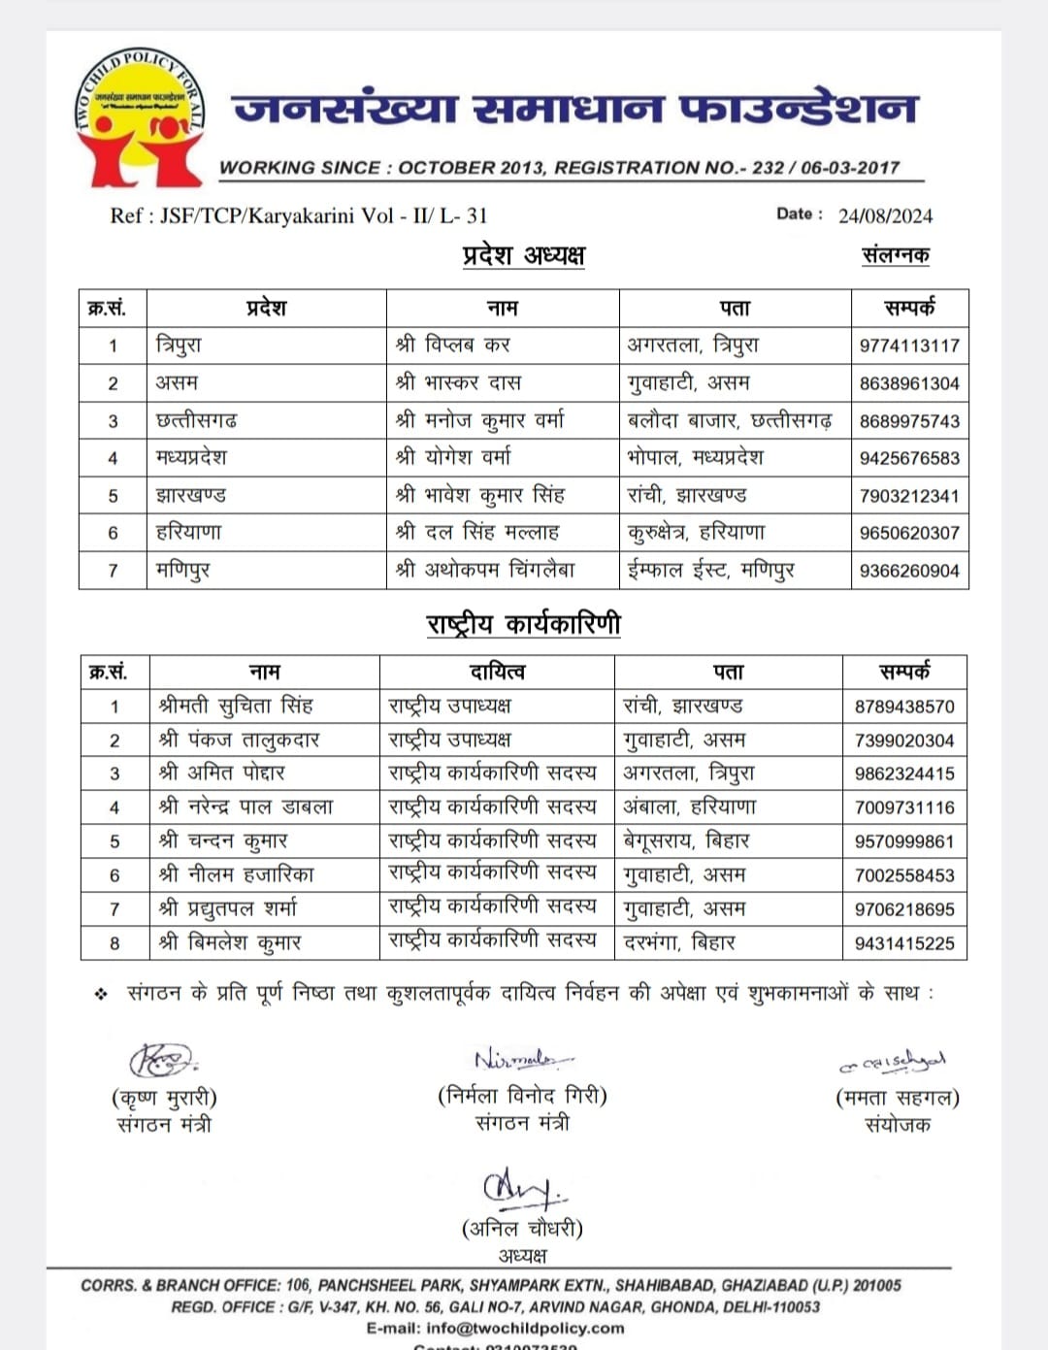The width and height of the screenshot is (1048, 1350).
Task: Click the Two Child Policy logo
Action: (x=137, y=118)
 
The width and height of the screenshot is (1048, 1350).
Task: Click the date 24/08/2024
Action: (x=885, y=215)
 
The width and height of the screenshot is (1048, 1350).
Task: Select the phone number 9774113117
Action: (x=909, y=346)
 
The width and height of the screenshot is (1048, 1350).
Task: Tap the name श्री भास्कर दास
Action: (x=458, y=382)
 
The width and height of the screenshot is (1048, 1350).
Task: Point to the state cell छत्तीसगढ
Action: (x=196, y=420)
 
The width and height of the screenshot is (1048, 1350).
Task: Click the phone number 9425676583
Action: (x=909, y=458)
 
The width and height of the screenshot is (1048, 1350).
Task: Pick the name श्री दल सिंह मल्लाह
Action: (x=476, y=533)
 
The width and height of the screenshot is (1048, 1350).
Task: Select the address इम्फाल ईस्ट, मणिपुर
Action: (x=710, y=571)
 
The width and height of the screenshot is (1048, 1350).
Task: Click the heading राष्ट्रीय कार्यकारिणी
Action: (x=523, y=624)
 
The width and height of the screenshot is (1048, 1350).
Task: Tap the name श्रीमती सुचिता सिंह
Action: (x=236, y=707)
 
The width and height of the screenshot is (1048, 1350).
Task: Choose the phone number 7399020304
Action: (x=904, y=741)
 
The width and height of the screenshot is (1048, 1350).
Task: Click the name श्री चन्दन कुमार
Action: (x=223, y=841)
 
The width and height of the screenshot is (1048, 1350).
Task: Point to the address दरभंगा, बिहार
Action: (x=679, y=942)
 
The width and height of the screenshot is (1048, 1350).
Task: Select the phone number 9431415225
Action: (x=904, y=943)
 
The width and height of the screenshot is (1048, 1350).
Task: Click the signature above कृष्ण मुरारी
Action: (x=163, y=1059)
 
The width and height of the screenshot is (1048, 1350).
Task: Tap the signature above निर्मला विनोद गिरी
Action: (x=522, y=1058)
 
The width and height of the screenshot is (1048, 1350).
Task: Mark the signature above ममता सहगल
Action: (x=894, y=1063)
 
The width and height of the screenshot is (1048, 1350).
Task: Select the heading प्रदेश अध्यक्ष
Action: (x=524, y=255)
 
